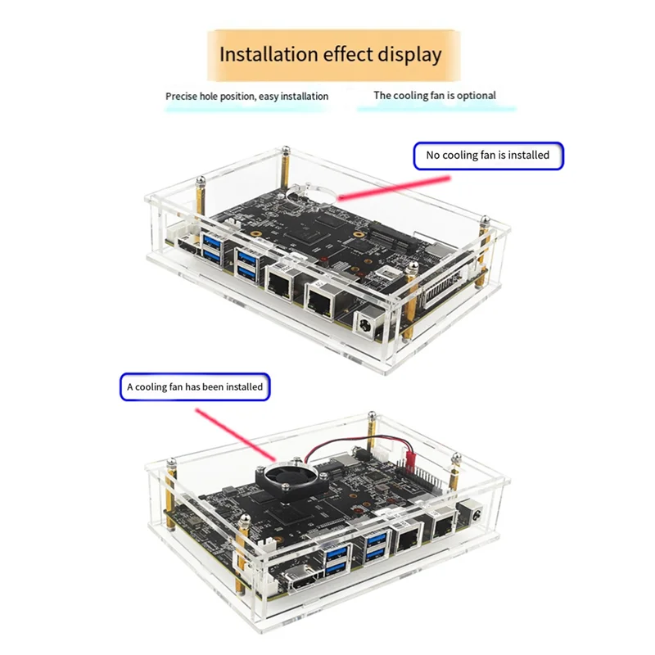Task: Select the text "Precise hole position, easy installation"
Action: pos(246,97)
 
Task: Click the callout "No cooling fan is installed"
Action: pos(488,154)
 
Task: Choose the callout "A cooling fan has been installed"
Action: pos(195,386)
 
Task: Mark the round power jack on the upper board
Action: pos(365,323)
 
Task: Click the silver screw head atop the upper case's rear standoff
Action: pos(285,150)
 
